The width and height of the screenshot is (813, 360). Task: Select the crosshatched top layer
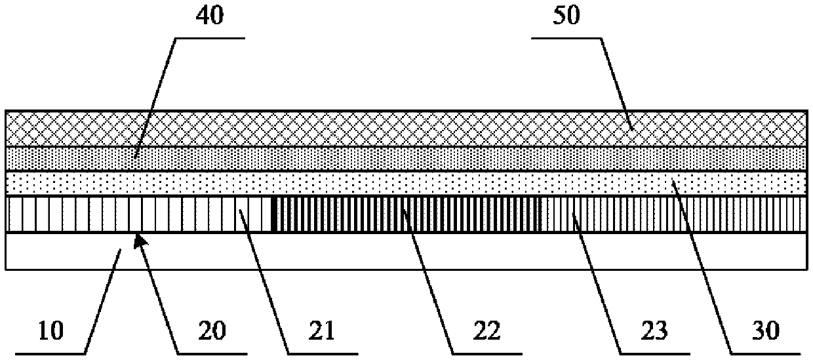[x=406, y=129]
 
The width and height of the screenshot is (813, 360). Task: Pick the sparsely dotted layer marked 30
[x=406, y=183]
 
